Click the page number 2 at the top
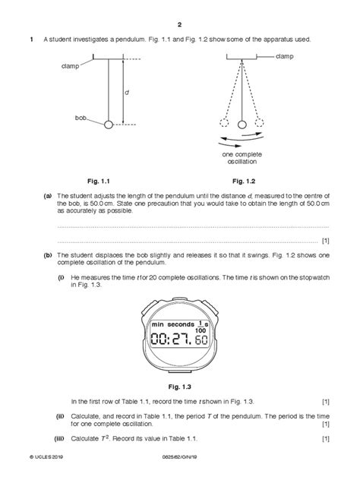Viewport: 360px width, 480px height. pos(180,23)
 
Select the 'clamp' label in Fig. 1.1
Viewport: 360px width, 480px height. pos(71,67)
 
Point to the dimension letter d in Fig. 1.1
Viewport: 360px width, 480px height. pos(126,91)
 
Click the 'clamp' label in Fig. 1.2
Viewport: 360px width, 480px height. pos(286,57)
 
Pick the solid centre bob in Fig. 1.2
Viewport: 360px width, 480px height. pos(242,124)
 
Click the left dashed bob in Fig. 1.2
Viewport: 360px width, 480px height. pos(223,124)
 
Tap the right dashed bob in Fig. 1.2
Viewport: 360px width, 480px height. pos(260,123)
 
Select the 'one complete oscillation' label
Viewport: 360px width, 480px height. pos(242,158)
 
